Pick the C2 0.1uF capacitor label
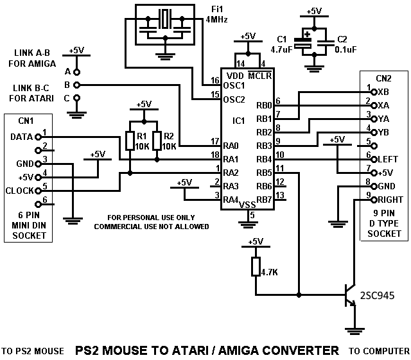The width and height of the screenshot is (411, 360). click(x=333, y=42)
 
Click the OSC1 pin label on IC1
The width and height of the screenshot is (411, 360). click(x=234, y=85)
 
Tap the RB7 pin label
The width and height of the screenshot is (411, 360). click(x=264, y=200)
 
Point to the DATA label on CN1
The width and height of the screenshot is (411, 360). click(x=21, y=136)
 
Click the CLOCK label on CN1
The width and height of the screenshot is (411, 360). click(x=20, y=190)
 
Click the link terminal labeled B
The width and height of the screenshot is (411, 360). click(x=76, y=85)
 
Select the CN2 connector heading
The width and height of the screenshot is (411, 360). click(x=383, y=78)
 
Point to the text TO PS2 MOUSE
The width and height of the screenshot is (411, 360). click(x=33, y=351)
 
